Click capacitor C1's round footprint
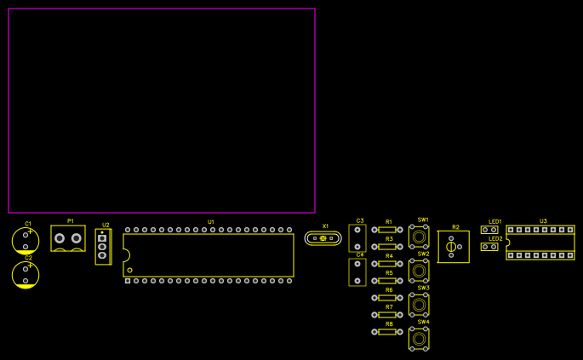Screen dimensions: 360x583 click(x=26, y=241)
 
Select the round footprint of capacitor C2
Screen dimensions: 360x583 click(x=26, y=274)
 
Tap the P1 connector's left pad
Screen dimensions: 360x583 click(x=60, y=238)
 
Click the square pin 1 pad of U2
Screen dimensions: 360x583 click(x=102, y=238)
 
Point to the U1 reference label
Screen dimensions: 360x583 click(x=211, y=222)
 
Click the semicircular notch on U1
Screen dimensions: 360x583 click(x=125, y=255)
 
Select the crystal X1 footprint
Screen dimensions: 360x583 click(x=323, y=238)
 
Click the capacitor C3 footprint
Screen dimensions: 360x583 click(x=357, y=237)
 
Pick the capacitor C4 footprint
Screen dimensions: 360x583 click(x=357, y=271)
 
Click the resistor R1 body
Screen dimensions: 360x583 click(x=387, y=230)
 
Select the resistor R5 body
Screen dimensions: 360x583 click(x=387, y=281)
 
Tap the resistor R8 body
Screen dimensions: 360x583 click(x=387, y=332)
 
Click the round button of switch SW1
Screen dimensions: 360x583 click(x=419, y=237)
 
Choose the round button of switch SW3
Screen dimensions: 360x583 click(x=419, y=305)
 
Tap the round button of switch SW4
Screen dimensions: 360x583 click(x=419, y=339)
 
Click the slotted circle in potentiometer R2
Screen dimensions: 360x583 click(x=451, y=247)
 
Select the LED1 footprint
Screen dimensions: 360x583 click(x=489, y=230)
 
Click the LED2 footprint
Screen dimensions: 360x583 click(x=489, y=247)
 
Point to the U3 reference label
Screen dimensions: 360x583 click(x=543, y=221)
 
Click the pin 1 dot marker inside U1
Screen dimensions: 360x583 click(x=130, y=270)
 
